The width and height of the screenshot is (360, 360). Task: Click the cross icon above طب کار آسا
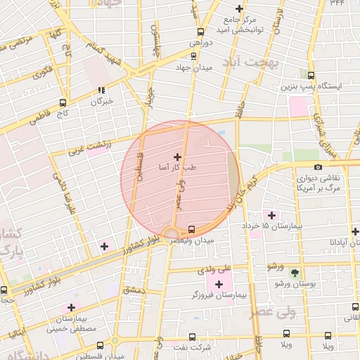[176, 157]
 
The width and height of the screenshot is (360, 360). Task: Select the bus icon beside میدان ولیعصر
[191, 229]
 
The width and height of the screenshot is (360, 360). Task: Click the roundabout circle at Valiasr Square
[172, 233]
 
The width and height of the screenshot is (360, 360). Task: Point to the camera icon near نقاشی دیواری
[319, 167]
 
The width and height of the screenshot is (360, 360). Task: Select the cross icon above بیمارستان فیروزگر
[219, 284]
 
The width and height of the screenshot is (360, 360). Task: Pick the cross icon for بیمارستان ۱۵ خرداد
[270, 214]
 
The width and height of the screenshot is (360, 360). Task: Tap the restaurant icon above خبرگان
[102, 90]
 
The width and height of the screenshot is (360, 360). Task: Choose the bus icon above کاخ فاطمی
[63, 101]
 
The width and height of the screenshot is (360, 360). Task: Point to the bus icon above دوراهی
[202, 32]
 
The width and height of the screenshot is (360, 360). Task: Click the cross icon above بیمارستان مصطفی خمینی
[70, 307]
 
